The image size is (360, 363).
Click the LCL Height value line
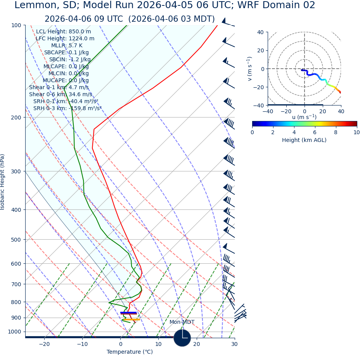tap(64, 31)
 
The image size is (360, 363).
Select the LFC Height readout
tap(65, 38)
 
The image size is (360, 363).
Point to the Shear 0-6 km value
tap(61, 94)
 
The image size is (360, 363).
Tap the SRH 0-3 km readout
tap(67, 108)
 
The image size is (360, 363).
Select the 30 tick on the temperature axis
tap(234, 344)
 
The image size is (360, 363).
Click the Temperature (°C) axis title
tap(130, 352)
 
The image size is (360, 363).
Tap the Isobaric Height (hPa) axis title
tap(3, 182)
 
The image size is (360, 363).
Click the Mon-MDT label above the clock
tap(182, 322)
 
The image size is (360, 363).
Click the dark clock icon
tap(182, 338)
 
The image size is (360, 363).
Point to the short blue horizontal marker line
tap(128, 313)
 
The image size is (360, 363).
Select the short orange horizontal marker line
tap(132, 320)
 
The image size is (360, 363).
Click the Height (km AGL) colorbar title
tap(304, 140)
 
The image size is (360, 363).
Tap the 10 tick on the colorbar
tap(357, 132)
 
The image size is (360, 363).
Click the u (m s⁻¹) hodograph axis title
tap(304, 117)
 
